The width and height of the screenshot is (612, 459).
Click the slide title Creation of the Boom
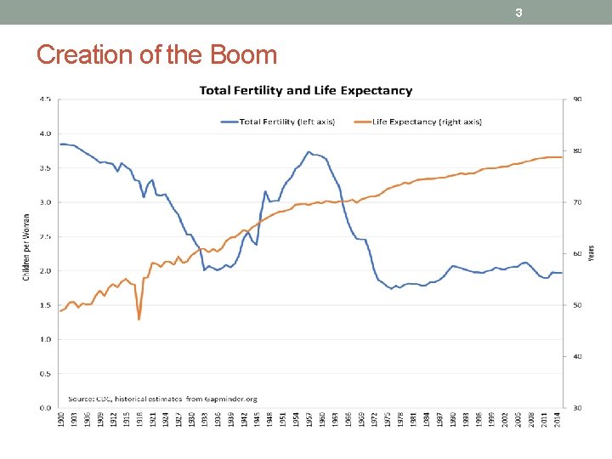[157, 55]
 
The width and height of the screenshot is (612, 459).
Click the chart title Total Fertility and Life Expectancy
[306, 90]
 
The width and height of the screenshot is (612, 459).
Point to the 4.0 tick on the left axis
[44, 133]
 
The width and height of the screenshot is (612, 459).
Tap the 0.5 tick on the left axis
[44, 373]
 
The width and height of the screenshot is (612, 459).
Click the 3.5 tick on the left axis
[44, 167]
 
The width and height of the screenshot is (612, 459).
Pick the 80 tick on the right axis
[578, 150]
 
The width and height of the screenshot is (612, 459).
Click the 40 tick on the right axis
[578, 356]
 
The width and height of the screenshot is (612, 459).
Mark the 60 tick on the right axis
[578, 253]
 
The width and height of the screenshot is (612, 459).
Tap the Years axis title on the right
[592, 252]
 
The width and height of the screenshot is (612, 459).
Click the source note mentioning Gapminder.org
[163, 398]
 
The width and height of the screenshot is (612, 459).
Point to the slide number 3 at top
[518, 13]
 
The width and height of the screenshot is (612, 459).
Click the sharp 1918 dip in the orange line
[139, 319]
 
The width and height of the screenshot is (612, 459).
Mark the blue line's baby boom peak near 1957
[309, 152]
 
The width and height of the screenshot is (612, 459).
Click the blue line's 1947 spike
[265, 191]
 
